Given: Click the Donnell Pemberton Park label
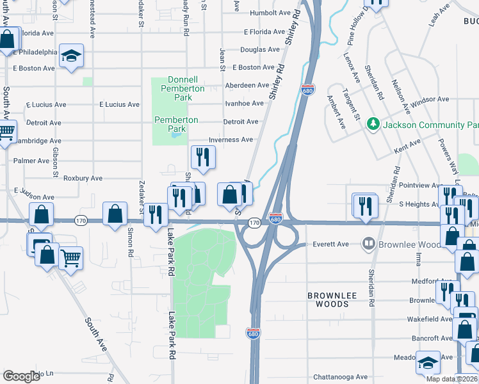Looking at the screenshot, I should click(186, 89).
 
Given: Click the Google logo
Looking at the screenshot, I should click(21, 376).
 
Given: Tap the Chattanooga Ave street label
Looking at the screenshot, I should click(341, 377).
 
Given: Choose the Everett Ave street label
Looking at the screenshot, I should click(330, 244).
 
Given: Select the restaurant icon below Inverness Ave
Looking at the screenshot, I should click(203, 157).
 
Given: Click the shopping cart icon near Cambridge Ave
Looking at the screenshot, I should click(6, 133).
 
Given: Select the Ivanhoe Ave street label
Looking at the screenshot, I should click(244, 103).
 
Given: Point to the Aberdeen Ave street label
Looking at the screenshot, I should click(247, 85).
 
